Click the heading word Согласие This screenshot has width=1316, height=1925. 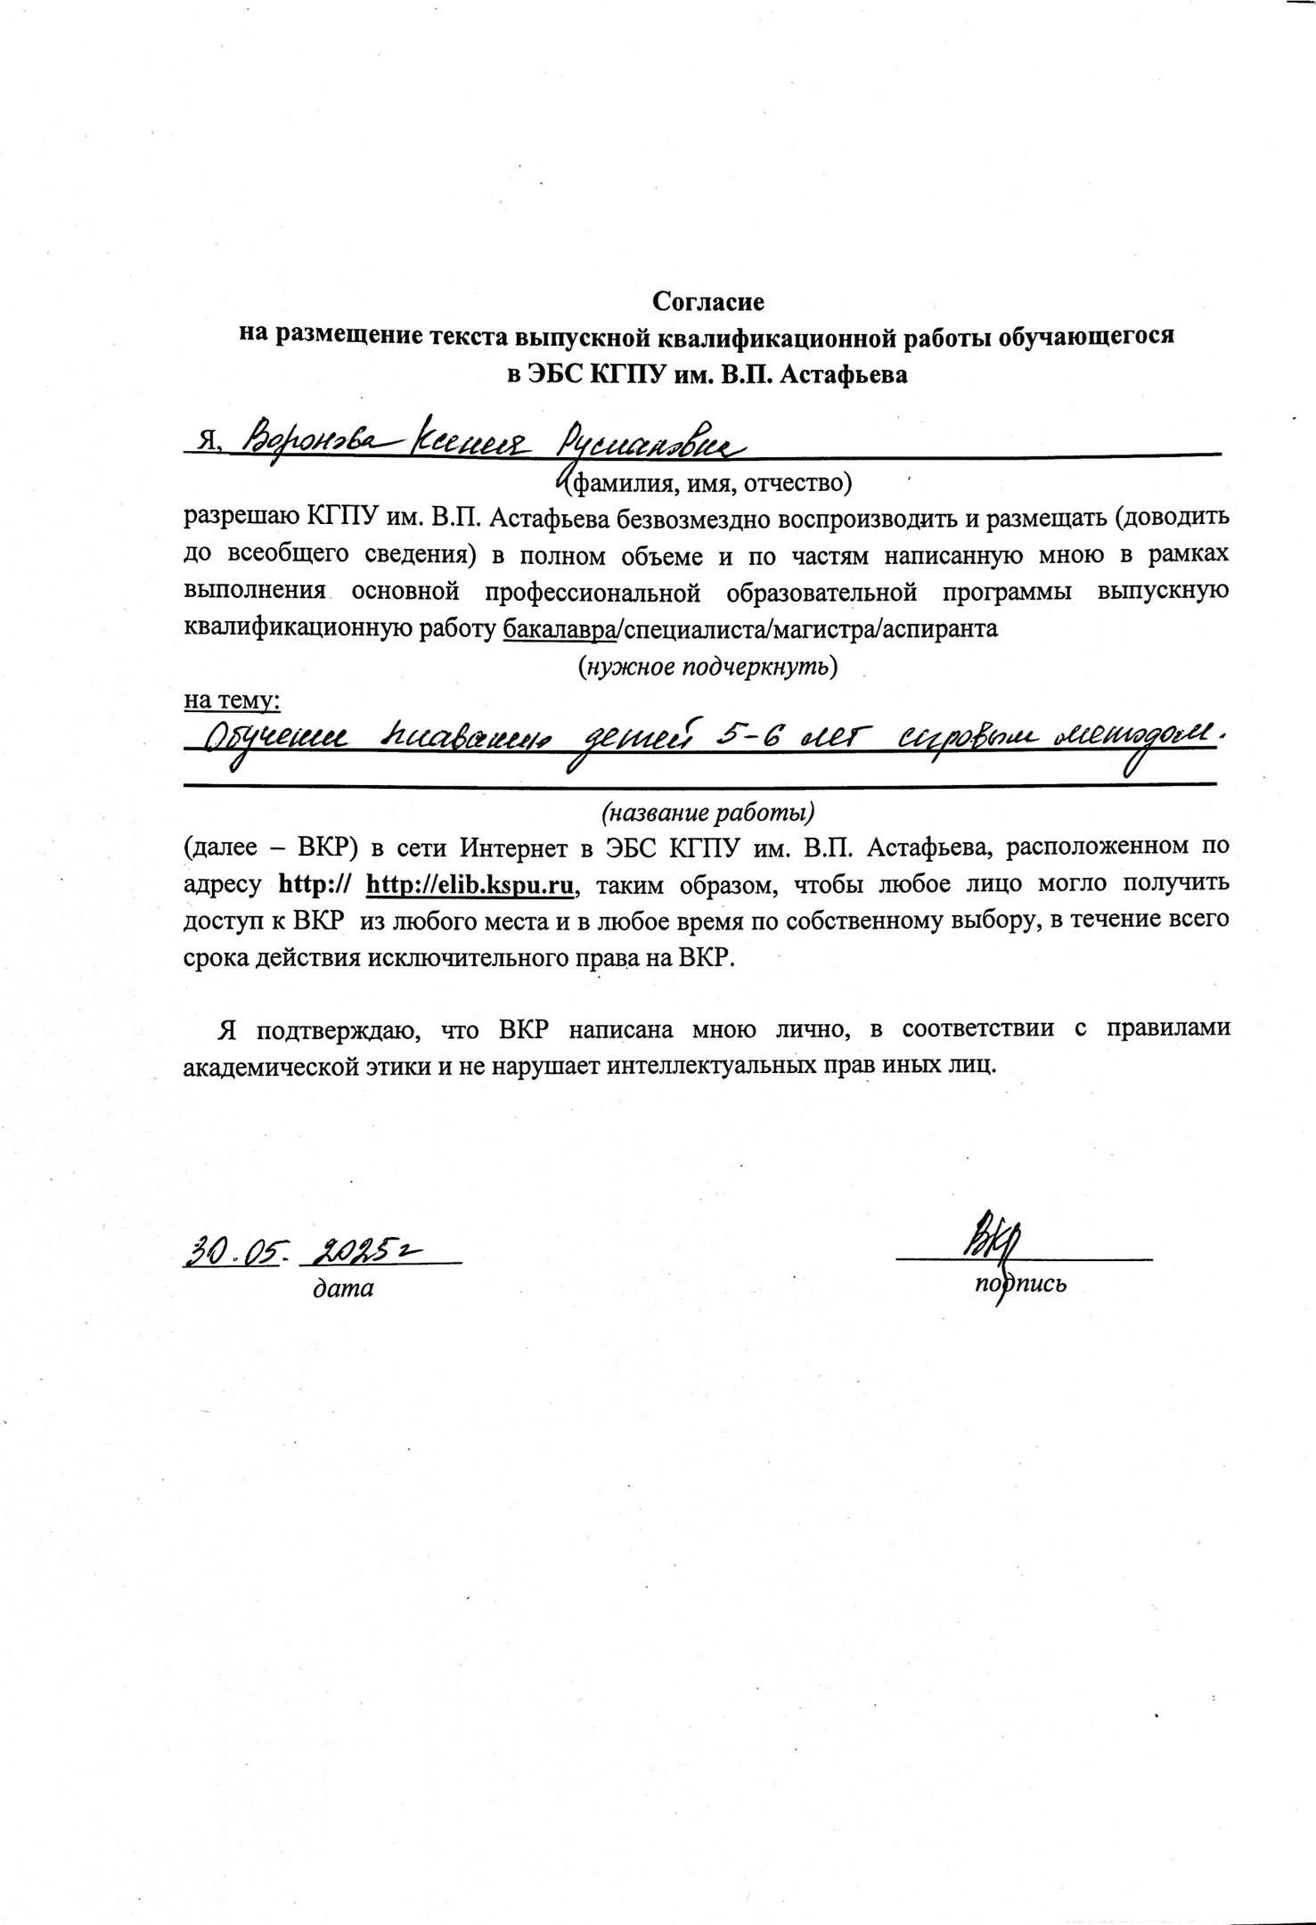(708, 302)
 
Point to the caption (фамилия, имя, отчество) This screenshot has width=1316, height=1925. (710, 483)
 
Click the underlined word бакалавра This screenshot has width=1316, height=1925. (560, 628)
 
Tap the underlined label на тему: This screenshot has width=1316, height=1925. (232, 701)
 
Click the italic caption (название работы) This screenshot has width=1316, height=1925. (708, 813)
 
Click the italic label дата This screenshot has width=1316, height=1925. (342, 1288)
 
